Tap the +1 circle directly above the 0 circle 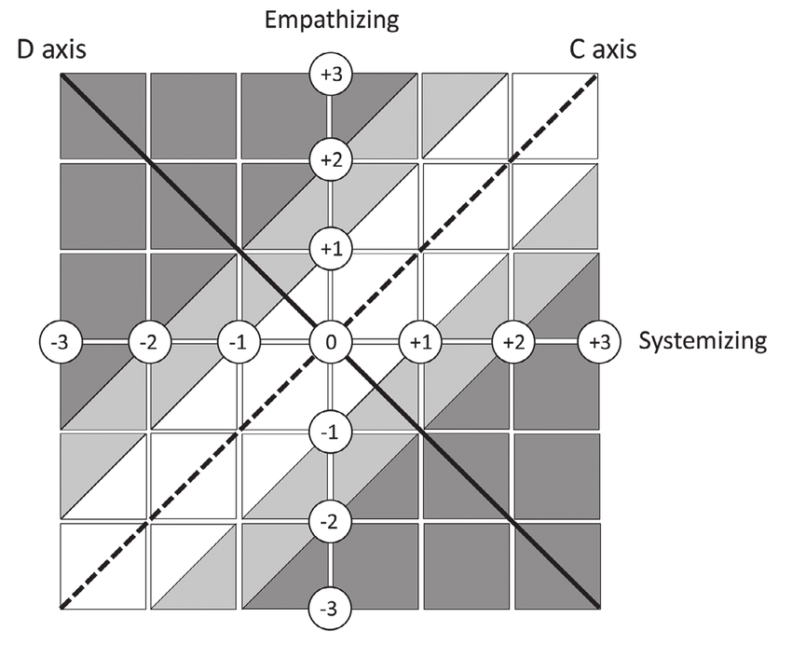click(x=329, y=250)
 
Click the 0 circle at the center click(x=329, y=341)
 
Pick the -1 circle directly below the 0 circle click(x=329, y=432)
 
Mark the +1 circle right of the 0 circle click(x=420, y=341)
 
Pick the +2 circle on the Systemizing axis click(x=511, y=341)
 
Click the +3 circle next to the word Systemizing click(x=597, y=341)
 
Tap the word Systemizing click(x=703, y=341)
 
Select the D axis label click(x=52, y=48)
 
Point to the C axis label click(x=603, y=48)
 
